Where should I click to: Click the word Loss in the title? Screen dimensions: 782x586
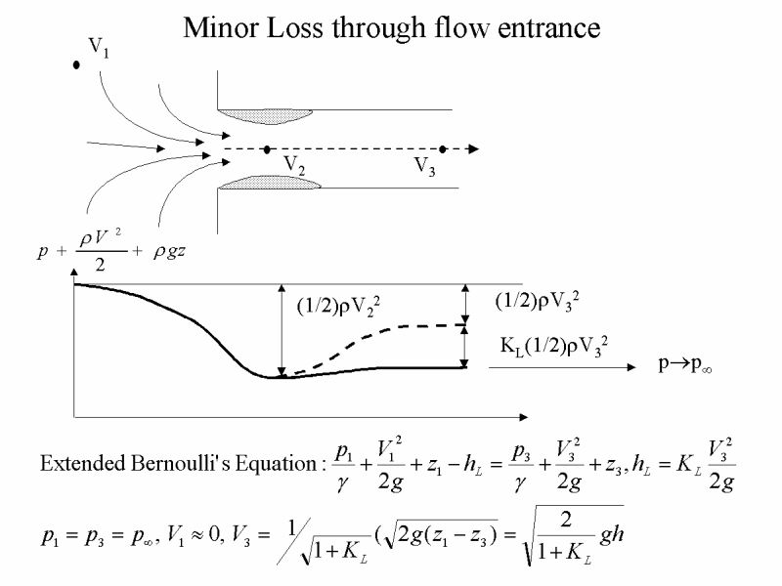[295, 28]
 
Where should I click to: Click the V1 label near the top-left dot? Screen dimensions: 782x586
[99, 48]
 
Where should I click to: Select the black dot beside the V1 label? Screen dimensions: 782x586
[76, 64]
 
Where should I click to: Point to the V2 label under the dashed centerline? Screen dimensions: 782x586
[294, 165]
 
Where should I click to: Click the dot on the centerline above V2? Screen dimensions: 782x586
[267, 149]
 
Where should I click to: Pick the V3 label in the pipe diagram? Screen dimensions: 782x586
[425, 166]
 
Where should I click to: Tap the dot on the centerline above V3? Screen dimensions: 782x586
[443, 149]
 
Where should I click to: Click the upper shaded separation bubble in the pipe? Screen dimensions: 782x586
[266, 116]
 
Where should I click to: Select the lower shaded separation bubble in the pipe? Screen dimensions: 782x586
[270, 183]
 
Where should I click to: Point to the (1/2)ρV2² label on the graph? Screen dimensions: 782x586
[338, 307]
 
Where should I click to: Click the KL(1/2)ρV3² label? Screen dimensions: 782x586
[554, 347]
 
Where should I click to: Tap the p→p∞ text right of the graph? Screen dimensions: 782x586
[685, 364]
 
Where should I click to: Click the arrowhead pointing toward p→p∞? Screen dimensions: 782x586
[631, 367]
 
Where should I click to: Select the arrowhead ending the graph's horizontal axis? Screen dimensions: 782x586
[523, 417]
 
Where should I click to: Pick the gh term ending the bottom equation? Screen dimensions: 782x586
[612, 535]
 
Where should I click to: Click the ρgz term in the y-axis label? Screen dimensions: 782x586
[169, 252]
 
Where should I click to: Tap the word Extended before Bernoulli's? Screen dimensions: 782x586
[82, 463]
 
